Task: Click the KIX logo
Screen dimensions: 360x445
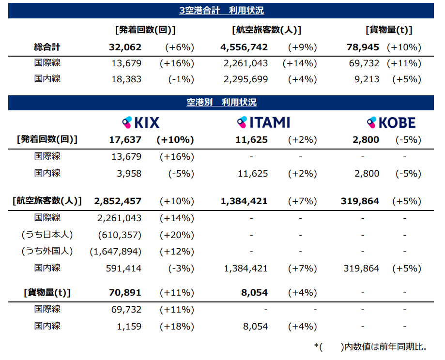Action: tap(140, 122)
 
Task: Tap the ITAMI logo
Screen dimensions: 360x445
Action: tap(263, 122)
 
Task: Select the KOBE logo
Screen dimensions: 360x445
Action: tap(391, 122)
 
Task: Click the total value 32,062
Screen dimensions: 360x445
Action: tap(125, 47)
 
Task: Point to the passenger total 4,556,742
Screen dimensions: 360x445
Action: tap(244, 47)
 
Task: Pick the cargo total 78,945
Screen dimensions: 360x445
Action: tap(363, 47)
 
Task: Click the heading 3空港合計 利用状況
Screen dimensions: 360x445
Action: tap(221, 11)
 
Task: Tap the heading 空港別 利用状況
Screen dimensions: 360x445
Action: tap(221, 103)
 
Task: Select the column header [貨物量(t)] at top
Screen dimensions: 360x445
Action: tap(388, 30)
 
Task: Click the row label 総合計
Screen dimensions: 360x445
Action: tap(47, 47)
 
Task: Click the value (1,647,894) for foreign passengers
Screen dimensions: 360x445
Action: tap(116, 252)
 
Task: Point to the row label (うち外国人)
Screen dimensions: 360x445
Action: tap(47, 252)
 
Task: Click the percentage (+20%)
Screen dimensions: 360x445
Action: tap(176, 235)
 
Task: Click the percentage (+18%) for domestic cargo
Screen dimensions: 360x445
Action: tap(176, 327)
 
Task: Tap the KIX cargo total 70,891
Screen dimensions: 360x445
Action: tap(125, 293)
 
